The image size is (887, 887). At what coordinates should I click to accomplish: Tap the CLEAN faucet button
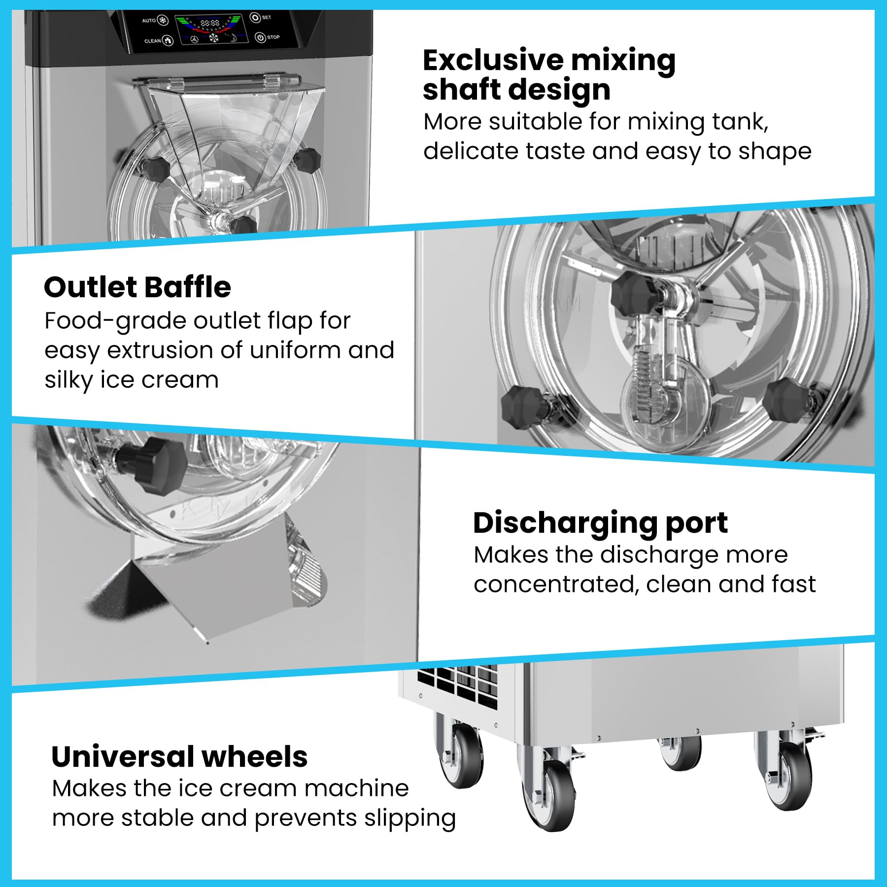(168, 40)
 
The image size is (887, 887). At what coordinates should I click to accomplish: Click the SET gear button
(255, 18)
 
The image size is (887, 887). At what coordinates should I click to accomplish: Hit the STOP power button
(260, 37)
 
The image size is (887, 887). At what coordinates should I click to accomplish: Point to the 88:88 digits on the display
(210, 23)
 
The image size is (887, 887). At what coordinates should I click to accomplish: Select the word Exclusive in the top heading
(493, 60)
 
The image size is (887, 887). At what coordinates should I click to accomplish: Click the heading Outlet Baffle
(137, 287)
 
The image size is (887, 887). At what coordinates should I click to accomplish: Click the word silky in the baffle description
(68, 380)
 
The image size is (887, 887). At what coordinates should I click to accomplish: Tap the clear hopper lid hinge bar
(224, 80)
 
